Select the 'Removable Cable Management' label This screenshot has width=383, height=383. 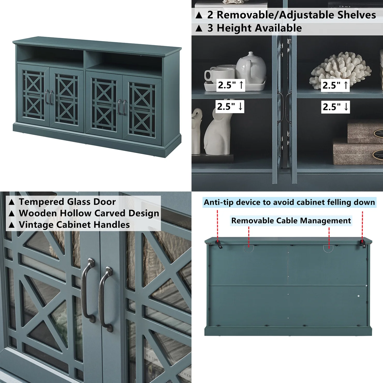[291, 221]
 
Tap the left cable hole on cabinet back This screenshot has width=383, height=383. [249, 248]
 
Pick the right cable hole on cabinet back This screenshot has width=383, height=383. [328, 248]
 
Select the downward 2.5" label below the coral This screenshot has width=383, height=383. [335, 107]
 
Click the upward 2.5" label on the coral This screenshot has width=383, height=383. [335, 85]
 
